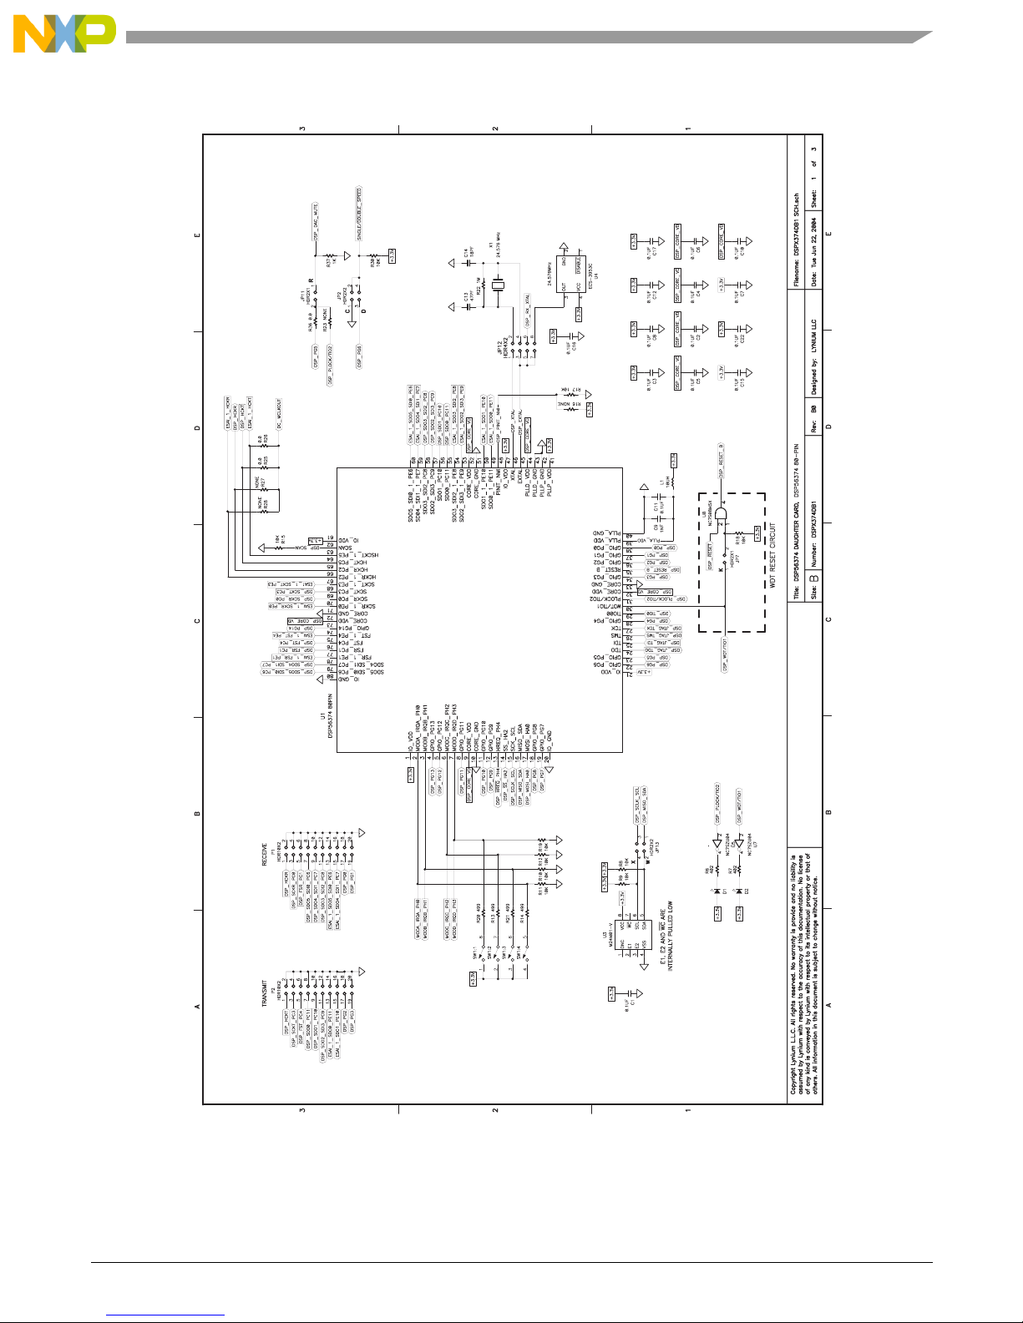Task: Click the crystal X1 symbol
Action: pyautogui.click(x=499, y=285)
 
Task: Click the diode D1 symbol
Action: pyautogui.click(x=717, y=891)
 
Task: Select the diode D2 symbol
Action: pyautogui.click(x=739, y=891)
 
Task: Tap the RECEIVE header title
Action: pyautogui.click(x=266, y=854)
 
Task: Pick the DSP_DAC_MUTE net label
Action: pyautogui.click(x=317, y=222)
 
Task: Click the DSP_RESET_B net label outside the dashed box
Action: pyautogui.click(x=722, y=460)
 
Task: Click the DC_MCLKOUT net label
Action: pyautogui.click(x=279, y=415)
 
